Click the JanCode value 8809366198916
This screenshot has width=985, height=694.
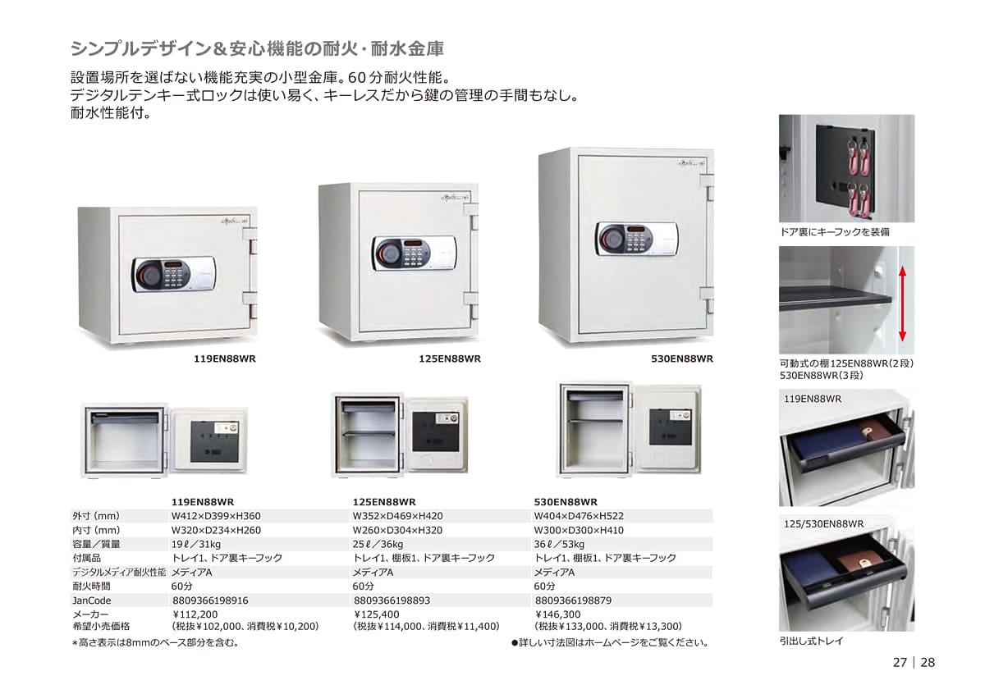tap(210, 600)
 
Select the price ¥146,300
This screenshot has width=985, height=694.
tap(557, 614)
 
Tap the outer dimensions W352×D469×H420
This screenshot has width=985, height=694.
tap(397, 516)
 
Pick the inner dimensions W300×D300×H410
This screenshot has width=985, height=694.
tap(579, 531)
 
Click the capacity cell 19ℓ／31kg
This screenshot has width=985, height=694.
tap(195, 545)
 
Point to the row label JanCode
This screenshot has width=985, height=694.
tap(91, 600)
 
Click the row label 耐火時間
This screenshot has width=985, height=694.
tap(91, 587)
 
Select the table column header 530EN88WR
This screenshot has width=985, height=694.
tap(566, 502)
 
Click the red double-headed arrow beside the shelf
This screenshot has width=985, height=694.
tap(902, 304)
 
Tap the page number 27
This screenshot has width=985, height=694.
tap(900, 663)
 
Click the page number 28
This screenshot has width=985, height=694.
tap(928, 663)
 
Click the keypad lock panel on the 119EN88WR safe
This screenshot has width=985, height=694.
tap(174, 275)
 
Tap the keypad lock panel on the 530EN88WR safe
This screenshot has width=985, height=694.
tap(637, 240)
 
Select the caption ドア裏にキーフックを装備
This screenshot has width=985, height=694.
tap(834, 232)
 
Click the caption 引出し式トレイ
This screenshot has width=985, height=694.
tap(811, 641)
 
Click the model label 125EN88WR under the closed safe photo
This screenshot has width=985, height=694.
tap(450, 359)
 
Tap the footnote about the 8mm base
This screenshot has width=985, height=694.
tap(155, 643)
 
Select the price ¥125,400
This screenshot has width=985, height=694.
tap(376, 614)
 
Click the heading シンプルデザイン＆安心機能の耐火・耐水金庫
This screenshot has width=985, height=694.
tap(257, 48)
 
